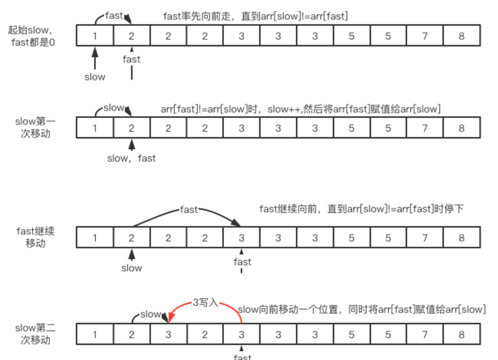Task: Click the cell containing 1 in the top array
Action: coord(95,36)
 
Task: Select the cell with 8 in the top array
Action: coord(461,36)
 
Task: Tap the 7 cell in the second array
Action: coord(425,128)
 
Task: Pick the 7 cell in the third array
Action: coord(425,238)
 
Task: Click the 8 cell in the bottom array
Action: coord(461,334)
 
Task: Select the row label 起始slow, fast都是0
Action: coord(32,36)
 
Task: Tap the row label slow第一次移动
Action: coord(35,127)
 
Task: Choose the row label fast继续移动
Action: coord(35,237)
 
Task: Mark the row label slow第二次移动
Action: coord(35,334)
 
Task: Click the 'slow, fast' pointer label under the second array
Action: coord(131,158)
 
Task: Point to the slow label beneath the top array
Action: coord(95,77)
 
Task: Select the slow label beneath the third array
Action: coord(131,268)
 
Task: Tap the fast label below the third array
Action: coord(242,262)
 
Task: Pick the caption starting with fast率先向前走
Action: coord(255,16)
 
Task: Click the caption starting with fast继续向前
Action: coord(361,209)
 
